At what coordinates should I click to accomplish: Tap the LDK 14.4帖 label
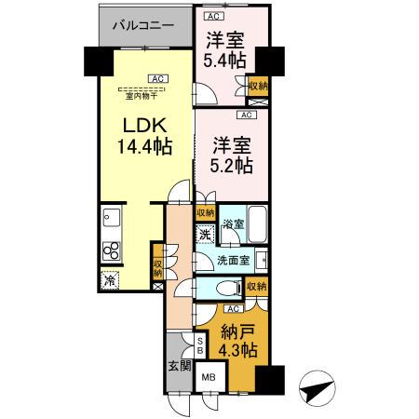tap(143, 136)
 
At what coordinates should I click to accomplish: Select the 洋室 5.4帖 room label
tap(225, 50)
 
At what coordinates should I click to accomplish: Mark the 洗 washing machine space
tap(206, 235)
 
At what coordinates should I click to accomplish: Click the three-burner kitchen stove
tap(111, 250)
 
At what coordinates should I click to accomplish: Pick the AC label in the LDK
tap(155, 78)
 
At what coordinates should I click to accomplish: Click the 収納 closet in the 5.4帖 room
tap(257, 86)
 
